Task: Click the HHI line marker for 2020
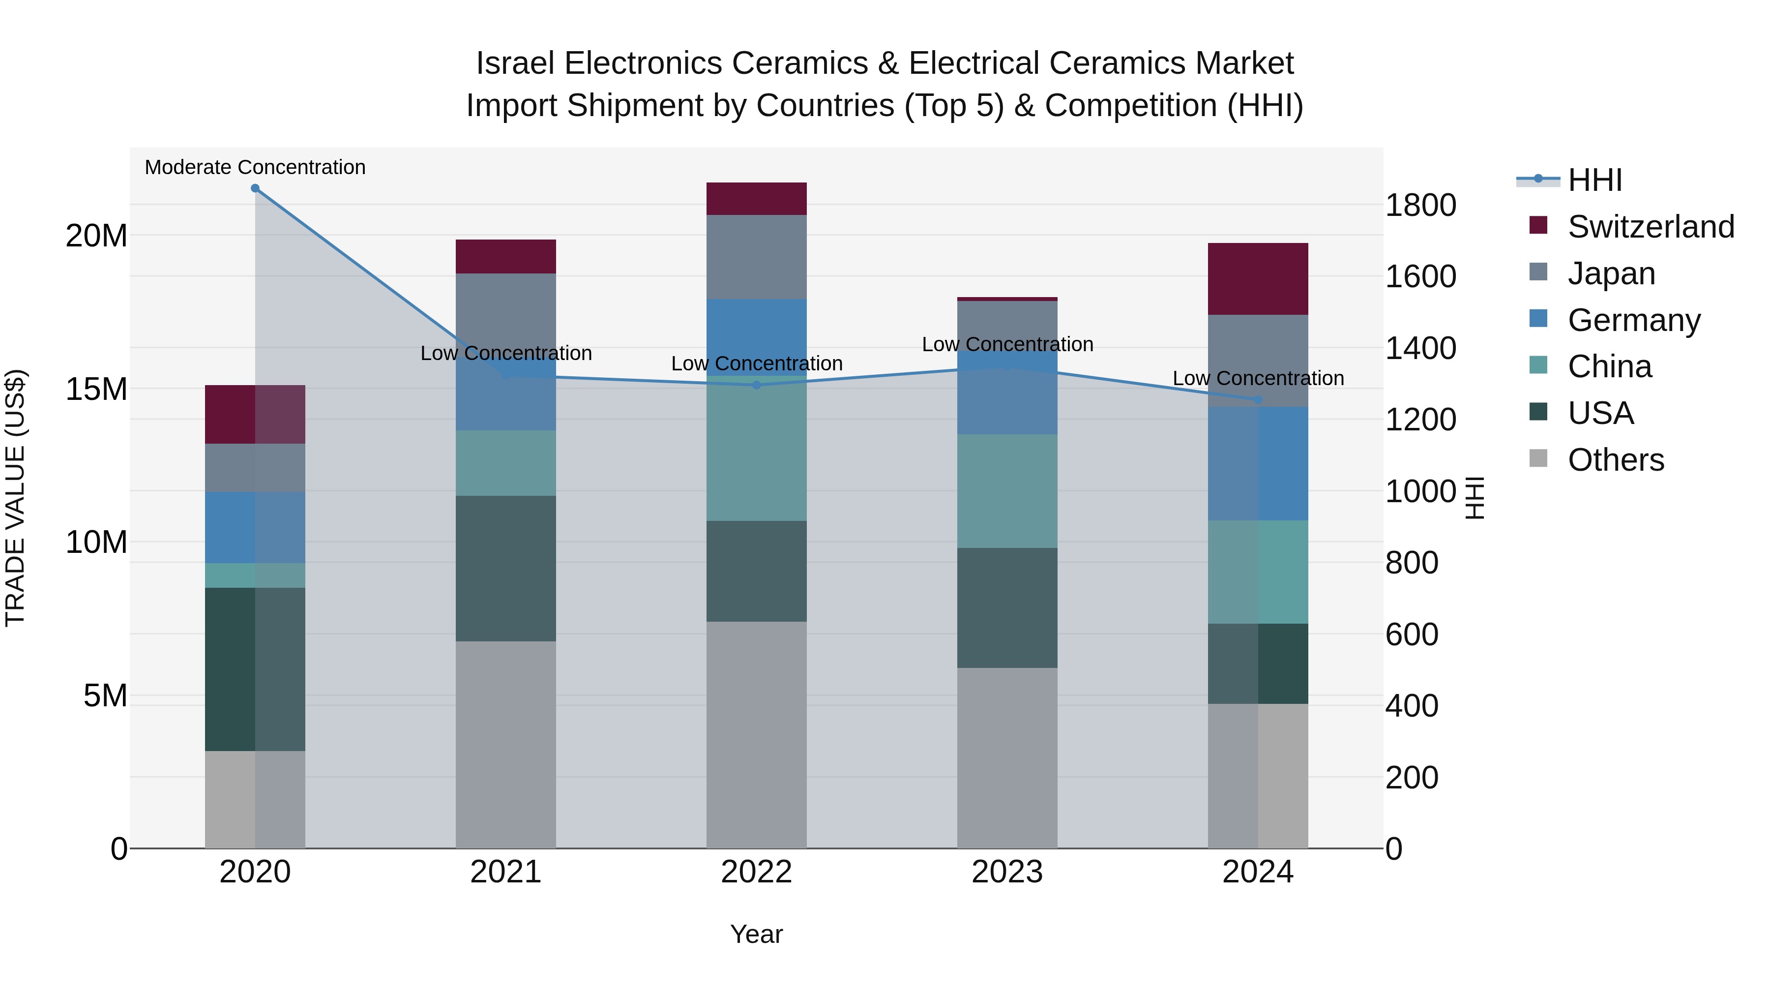tap(255, 188)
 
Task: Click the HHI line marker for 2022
tap(757, 385)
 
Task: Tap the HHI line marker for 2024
tap(1258, 399)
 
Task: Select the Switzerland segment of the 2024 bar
tap(1258, 279)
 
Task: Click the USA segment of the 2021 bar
tap(506, 569)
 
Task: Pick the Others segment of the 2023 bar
tap(1007, 757)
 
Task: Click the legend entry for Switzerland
tap(1651, 227)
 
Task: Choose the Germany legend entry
tap(1633, 320)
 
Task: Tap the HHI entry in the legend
tap(1594, 180)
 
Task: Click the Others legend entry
tap(1616, 460)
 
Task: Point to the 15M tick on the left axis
tap(96, 389)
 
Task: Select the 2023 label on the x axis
tap(1007, 872)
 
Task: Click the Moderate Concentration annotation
tap(255, 167)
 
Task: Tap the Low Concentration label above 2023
tap(1007, 344)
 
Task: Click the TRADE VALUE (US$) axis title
tap(15, 498)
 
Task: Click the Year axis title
tap(757, 934)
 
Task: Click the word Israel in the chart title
tap(515, 63)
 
